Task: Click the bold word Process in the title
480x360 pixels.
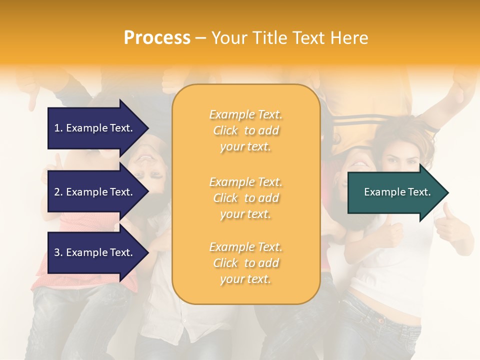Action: (x=157, y=38)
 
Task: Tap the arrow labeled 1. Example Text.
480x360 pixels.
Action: (x=95, y=128)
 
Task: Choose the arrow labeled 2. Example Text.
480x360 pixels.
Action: (x=95, y=192)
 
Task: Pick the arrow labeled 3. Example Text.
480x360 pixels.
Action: (x=95, y=252)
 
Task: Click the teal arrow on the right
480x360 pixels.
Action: (x=395, y=192)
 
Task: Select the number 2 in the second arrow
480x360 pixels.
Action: (x=57, y=192)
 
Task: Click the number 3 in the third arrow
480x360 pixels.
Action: (x=57, y=252)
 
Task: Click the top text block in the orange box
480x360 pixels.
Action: (x=245, y=130)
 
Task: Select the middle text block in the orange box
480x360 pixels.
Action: (x=245, y=198)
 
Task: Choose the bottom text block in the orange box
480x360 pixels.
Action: (x=245, y=263)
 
